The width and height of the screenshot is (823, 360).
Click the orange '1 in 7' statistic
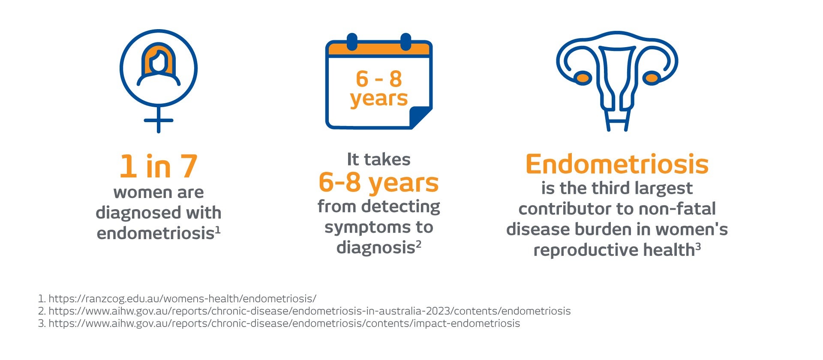[159, 166]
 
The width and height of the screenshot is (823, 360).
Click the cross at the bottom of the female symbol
[159, 120]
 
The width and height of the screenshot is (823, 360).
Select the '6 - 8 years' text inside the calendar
[379, 88]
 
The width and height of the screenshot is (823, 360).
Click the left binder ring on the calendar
[352, 42]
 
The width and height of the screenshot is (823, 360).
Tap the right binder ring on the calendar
[405, 42]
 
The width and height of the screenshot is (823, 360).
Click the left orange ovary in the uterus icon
[583, 78]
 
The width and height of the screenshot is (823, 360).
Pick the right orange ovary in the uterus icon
[652, 78]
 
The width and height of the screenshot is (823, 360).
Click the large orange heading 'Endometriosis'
[617, 164]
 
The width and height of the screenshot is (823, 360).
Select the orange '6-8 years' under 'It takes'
[379, 183]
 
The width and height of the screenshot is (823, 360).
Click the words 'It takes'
[379, 159]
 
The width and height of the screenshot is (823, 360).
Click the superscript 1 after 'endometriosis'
[218, 231]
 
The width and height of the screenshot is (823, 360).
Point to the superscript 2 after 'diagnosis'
[418, 245]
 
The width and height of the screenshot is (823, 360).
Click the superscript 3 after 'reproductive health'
[698, 247]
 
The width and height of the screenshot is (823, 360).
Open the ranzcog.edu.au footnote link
[183, 298]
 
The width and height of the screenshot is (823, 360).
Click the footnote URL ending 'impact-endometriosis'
[284, 323]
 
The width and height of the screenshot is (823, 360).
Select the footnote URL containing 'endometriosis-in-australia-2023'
[309, 311]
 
